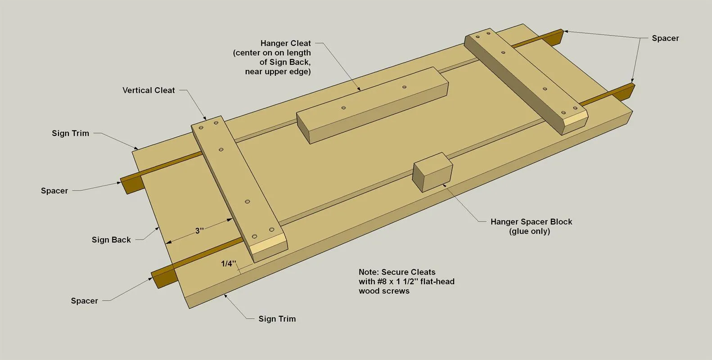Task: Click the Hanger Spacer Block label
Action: [531, 221]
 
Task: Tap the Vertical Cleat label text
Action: [149, 90]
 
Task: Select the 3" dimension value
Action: [199, 230]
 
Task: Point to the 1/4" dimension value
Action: [229, 263]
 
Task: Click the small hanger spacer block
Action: [433, 172]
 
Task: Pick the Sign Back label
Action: [111, 239]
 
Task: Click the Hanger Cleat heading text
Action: [285, 43]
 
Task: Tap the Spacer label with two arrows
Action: [665, 38]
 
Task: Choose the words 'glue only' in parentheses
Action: [530, 231]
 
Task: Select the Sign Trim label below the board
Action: [277, 319]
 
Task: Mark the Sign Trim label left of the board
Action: [71, 133]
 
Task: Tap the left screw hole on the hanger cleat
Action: [343, 108]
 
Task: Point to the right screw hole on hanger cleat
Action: [404, 87]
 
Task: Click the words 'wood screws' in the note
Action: [384, 291]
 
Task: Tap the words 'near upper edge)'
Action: [278, 72]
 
